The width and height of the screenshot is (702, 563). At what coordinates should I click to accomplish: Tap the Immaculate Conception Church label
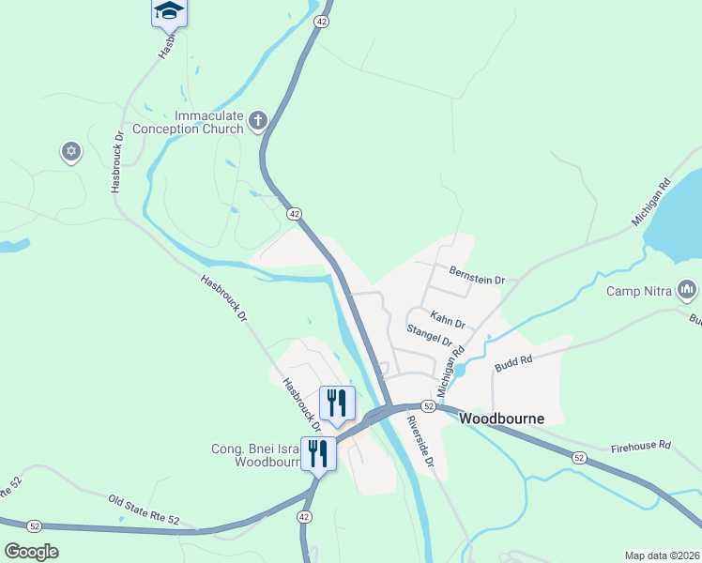click(188, 122)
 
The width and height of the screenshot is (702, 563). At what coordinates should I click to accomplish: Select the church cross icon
click(258, 120)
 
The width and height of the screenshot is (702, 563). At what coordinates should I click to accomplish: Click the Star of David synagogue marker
click(70, 151)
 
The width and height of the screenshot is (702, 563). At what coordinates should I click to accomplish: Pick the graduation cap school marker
click(169, 11)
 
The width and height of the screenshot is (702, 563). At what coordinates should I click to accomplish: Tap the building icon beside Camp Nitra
click(686, 291)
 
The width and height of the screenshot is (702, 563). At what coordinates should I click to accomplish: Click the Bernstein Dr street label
click(477, 280)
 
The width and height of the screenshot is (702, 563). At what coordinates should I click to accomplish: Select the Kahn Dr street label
click(448, 319)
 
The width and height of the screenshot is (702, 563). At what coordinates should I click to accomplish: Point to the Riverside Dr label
click(420, 441)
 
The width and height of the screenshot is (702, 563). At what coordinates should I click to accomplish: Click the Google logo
click(31, 552)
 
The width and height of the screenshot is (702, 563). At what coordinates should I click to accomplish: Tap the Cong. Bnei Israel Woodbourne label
click(254, 455)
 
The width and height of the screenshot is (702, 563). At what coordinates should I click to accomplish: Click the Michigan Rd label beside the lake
click(653, 202)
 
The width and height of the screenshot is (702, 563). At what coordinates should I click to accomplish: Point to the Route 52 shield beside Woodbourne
click(428, 406)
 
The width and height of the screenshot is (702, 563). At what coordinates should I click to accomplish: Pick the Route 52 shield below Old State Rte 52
click(35, 526)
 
